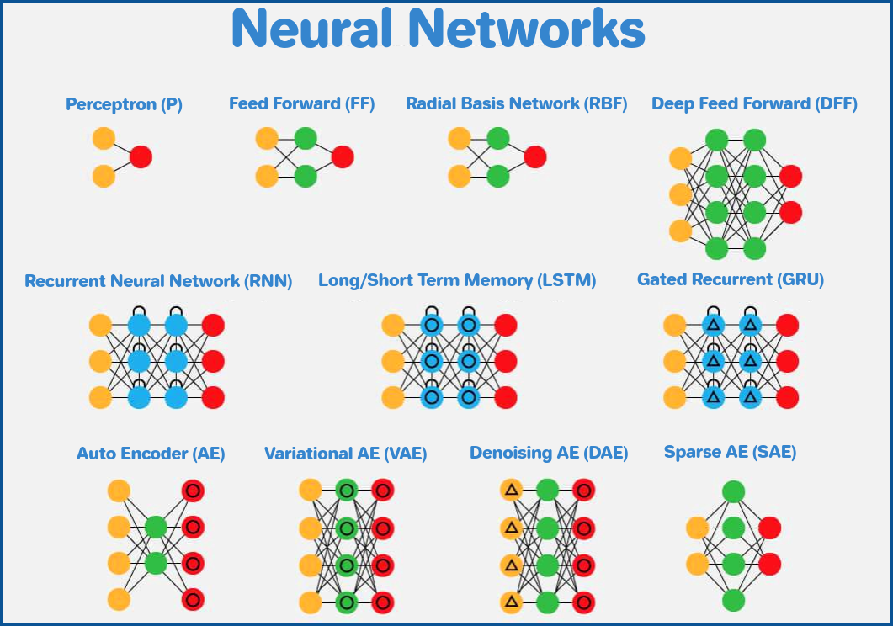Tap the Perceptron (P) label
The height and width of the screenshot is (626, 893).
(124, 105)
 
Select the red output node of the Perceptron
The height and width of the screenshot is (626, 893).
(141, 156)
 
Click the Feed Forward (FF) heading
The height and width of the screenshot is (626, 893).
(301, 104)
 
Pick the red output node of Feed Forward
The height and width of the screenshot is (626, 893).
(343, 156)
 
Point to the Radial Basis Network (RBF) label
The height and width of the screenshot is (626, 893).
(516, 104)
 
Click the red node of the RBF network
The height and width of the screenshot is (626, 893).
(535, 156)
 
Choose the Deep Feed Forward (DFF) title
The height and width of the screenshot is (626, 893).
(754, 104)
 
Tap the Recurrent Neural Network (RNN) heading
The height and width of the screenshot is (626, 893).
(158, 281)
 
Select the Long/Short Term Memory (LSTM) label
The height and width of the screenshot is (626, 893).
(457, 281)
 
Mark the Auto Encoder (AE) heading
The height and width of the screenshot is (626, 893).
(151, 454)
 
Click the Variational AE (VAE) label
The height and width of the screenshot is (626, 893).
(345, 454)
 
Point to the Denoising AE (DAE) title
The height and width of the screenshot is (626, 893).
(549, 454)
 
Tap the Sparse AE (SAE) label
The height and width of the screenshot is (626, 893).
(730, 453)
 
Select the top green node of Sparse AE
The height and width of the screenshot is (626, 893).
(733, 491)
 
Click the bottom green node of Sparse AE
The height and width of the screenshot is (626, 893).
(733, 600)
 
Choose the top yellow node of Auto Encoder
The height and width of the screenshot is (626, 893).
(119, 491)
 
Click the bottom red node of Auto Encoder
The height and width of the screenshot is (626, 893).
(193, 599)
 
